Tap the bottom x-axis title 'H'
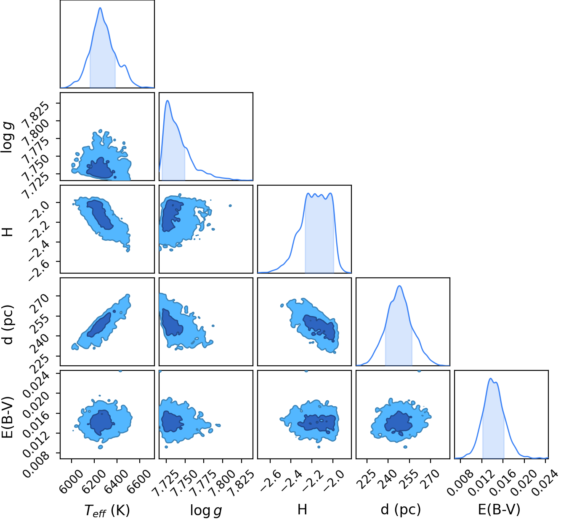pyautogui.click(x=302, y=509)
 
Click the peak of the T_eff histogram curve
pyautogui.click(x=100, y=8)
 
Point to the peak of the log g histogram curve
pyautogui.click(x=168, y=100)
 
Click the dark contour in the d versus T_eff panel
pyautogui.click(x=99, y=325)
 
